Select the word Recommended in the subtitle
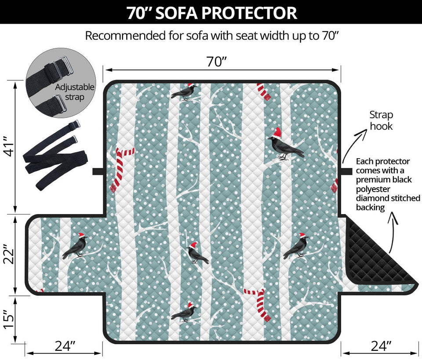pos(125,36)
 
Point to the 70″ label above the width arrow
pos(217,62)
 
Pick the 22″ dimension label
pos(9,255)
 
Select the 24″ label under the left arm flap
pos(65,346)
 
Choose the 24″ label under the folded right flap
pos(381,346)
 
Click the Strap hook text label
pos(381,120)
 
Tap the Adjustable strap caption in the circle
pos(75,92)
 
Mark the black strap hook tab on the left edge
pos(98,171)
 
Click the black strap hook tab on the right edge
pos(347,171)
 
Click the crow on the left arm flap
pos(75,246)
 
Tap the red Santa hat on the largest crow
pos(277,132)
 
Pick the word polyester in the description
pos(373,189)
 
